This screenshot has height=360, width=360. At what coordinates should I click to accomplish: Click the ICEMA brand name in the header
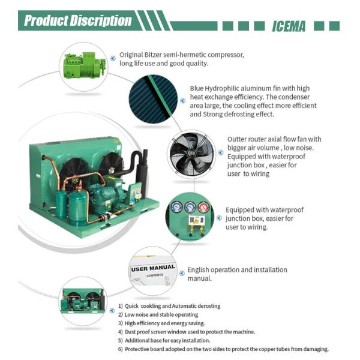289,26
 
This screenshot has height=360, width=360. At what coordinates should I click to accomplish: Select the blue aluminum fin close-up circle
153,99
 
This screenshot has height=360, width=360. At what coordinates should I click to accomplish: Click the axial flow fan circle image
191,154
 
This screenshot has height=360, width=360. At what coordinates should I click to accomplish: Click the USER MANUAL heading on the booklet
153,268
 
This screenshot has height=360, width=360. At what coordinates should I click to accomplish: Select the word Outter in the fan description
238,139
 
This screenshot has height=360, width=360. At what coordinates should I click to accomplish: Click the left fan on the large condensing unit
74,169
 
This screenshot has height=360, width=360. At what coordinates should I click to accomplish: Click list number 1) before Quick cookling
120,306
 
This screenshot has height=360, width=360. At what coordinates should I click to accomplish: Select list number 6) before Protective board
120,349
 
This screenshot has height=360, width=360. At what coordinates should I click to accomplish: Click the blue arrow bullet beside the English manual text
181,271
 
